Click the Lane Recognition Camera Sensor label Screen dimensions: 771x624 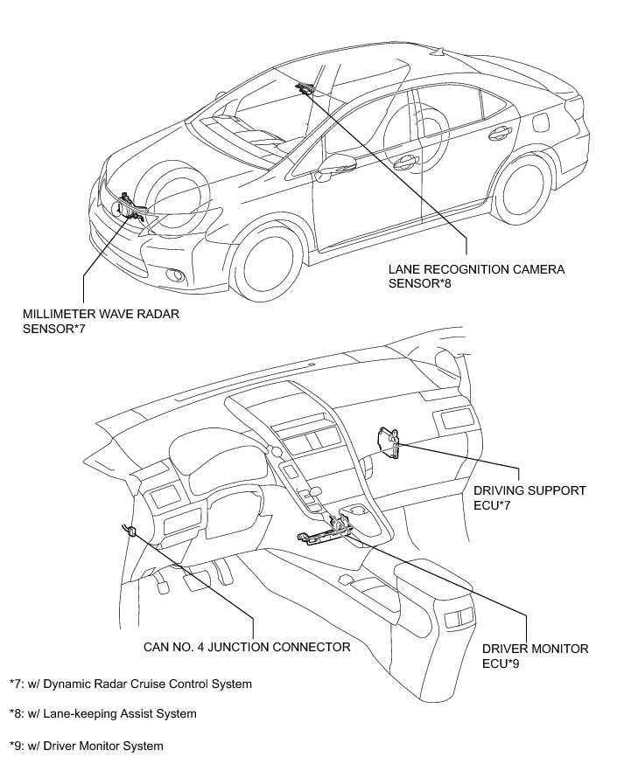[x=477, y=276]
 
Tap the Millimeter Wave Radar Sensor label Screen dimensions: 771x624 [x=104, y=320]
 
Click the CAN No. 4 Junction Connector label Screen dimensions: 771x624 [x=247, y=648]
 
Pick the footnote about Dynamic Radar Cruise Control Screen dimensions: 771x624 [x=130, y=684]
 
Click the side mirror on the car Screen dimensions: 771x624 [x=335, y=165]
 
